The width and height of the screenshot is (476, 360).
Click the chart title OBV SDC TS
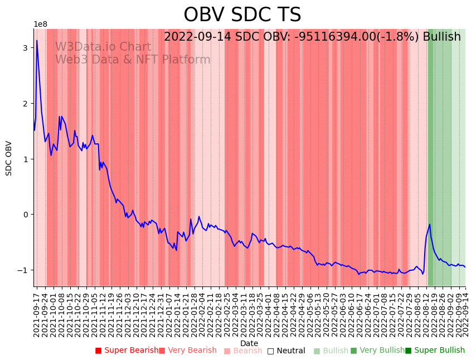(x=242, y=15)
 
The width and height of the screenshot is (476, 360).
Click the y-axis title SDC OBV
(x=9, y=158)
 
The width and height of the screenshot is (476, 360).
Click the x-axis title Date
(x=249, y=343)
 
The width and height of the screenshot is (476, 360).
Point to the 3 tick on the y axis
(x=26, y=48)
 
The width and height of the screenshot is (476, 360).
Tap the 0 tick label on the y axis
(x=26, y=215)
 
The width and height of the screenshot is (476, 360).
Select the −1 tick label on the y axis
(x=23, y=270)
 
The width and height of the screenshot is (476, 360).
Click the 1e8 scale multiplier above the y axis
(x=41, y=25)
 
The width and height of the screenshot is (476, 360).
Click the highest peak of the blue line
(x=37, y=40)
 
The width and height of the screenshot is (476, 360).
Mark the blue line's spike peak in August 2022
(x=430, y=225)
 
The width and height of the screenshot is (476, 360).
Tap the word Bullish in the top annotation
(x=441, y=37)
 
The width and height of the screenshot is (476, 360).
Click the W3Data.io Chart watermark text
(x=103, y=47)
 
